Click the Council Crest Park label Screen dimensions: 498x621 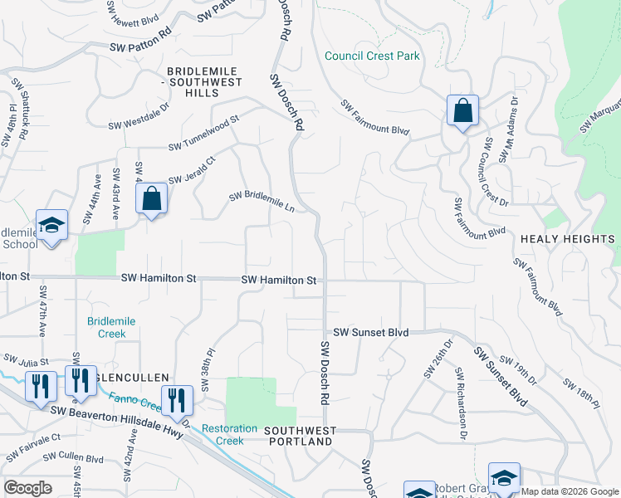[x=372, y=56]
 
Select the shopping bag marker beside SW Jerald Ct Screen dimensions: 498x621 [x=151, y=199]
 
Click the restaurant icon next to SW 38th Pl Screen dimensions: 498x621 [x=177, y=400]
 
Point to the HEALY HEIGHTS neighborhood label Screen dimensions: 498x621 [x=568, y=239]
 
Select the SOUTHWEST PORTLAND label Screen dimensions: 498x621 [x=301, y=436]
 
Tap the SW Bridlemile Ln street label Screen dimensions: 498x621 [x=262, y=202]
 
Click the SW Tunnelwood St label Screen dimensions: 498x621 [x=203, y=133]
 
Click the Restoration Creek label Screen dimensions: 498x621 [x=230, y=434]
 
